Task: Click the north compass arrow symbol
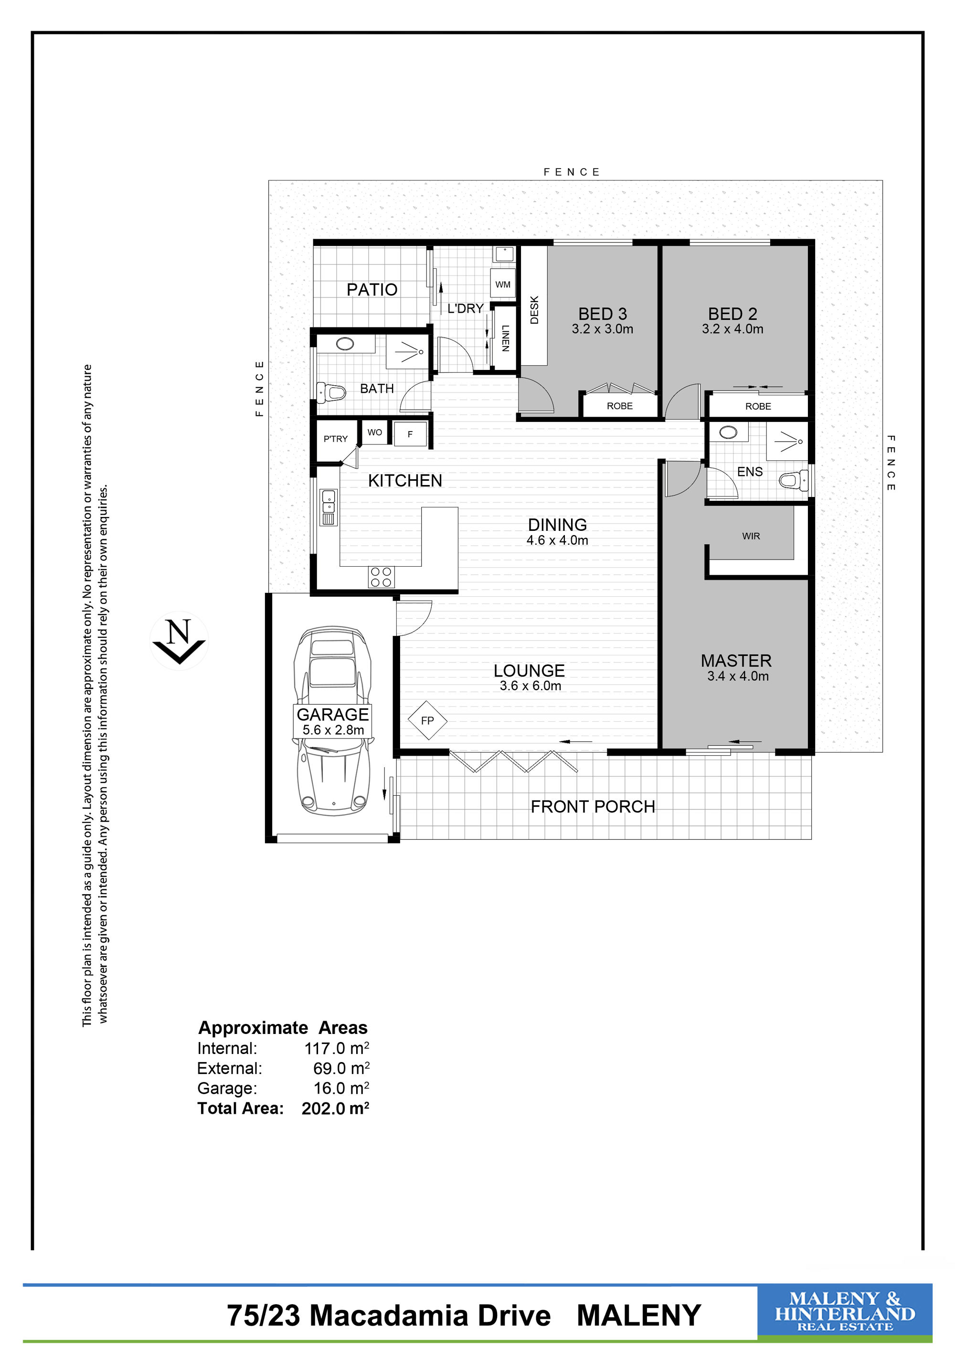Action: pyautogui.click(x=179, y=642)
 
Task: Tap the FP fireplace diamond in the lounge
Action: pyautogui.click(x=427, y=720)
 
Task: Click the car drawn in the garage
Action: pyautogui.click(x=333, y=720)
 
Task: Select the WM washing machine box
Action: pyautogui.click(x=503, y=285)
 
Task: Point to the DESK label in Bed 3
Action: pyautogui.click(x=534, y=309)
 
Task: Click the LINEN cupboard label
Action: pyautogui.click(x=505, y=338)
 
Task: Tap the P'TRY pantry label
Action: pyautogui.click(x=335, y=439)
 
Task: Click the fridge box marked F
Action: pyautogui.click(x=411, y=434)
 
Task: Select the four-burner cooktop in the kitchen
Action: pyautogui.click(x=381, y=577)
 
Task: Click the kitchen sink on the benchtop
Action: pyautogui.click(x=328, y=506)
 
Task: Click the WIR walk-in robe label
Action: pyautogui.click(x=751, y=536)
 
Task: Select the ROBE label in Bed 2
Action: pyautogui.click(x=758, y=406)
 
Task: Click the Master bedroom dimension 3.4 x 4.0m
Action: pyautogui.click(x=738, y=676)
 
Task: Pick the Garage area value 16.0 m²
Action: pyautogui.click(x=341, y=1088)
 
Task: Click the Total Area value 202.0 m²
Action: pyautogui.click(x=335, y=1108)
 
